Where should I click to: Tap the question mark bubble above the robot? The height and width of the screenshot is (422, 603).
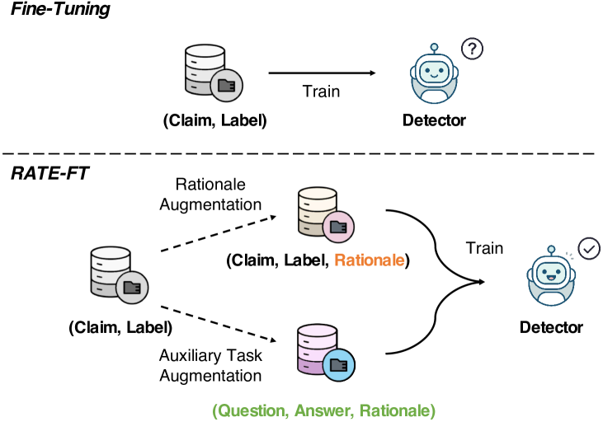click(471, 49)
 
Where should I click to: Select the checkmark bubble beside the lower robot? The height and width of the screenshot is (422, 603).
click(588, 249)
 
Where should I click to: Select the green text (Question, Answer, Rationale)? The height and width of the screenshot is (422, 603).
click(323, 409)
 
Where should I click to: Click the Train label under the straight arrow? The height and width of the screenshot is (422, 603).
click(320, 91)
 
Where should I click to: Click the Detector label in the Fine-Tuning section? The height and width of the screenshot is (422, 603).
click(434, 121)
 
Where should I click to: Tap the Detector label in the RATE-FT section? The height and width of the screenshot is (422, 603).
click(551, 327)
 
